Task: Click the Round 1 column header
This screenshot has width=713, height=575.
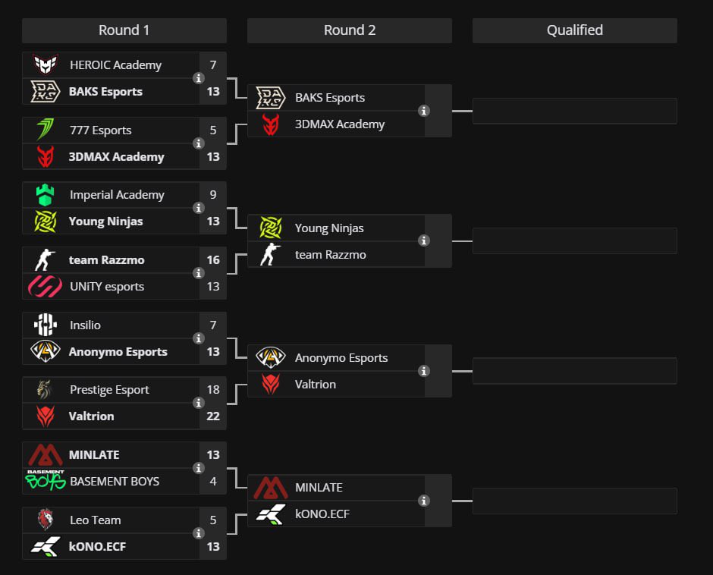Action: [x=124, y=30]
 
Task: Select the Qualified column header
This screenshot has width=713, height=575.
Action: [x=574, y=30]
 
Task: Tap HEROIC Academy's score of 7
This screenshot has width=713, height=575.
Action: [x=213, y=65]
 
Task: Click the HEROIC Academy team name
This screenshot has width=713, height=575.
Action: [x=115, y=65]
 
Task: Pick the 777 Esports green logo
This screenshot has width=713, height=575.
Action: [x=46, y=130]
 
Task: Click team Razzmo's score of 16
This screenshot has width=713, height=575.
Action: [x=213, y=260]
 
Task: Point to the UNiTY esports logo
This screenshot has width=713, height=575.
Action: [x=45, y=287]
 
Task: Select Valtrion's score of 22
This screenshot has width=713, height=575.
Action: [x=213, y=416]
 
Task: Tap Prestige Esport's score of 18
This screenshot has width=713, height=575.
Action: [x=213, y=390]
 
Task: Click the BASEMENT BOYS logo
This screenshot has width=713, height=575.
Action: [x=46, y=480]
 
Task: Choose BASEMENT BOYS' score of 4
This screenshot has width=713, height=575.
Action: [x=213, y=482]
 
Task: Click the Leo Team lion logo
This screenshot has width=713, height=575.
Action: [x=46, y=520]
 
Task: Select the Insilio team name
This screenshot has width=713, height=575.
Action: [x=85, y=325]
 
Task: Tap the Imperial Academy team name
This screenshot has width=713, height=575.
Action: [x=117, y=195]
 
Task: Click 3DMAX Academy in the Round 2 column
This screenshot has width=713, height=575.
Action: [x=339, y=124]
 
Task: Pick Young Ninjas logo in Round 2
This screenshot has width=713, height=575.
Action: [x=271, y=228]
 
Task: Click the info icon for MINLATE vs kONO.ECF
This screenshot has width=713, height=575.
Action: [x=424, y=501]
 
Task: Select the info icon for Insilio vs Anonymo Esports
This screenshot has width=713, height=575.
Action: [x=199, y=338]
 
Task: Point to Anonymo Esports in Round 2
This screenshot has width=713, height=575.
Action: [x=341, y=358]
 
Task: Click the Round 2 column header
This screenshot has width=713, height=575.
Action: [x=349, y=30]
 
